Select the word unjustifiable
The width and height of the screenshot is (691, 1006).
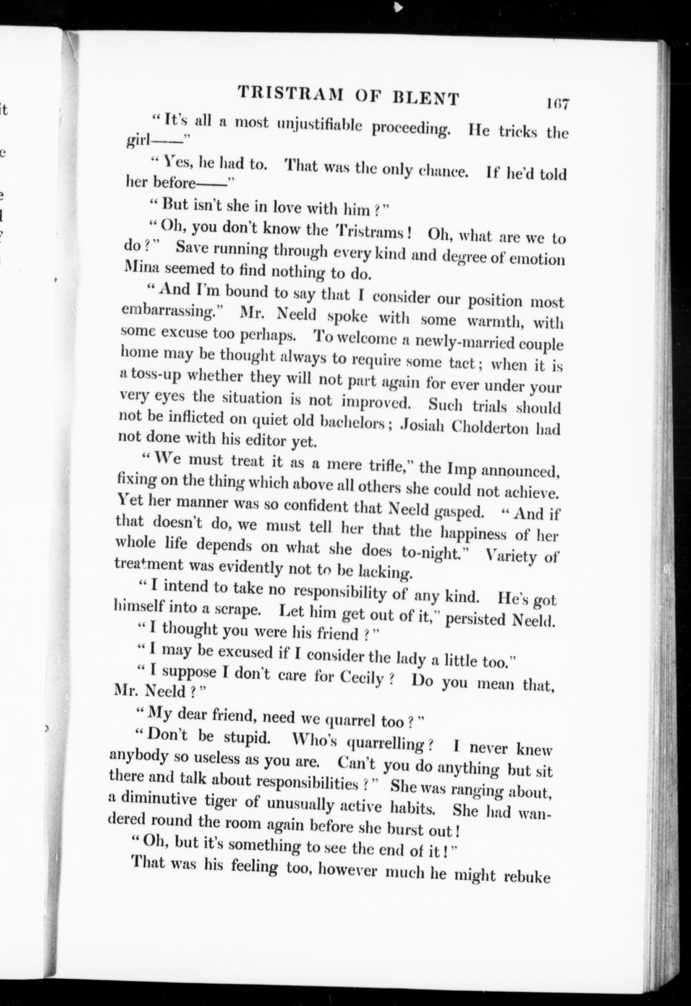(319, 126)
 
